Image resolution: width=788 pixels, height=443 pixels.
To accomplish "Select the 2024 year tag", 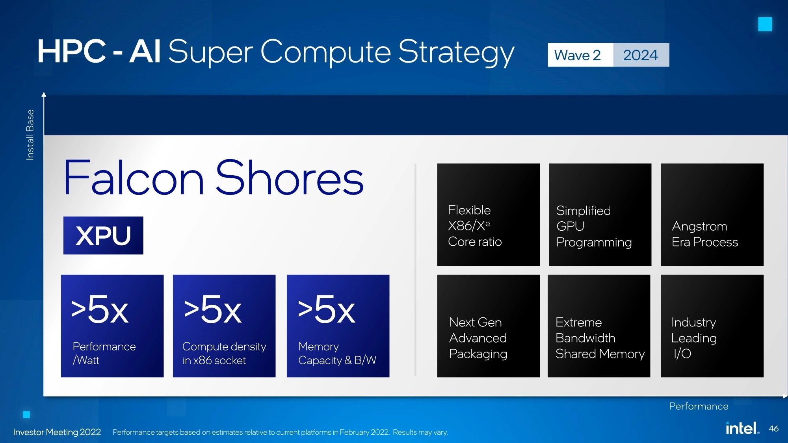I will [641, 55].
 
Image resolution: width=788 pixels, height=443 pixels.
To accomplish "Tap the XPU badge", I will [103, 235].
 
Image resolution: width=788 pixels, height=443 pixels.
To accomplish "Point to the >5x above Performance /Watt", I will [100, 310].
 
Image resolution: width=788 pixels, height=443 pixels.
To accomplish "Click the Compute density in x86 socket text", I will [224, 353].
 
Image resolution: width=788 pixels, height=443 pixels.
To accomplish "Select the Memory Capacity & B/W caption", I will [337, 353].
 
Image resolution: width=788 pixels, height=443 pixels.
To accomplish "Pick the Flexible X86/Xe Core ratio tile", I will [488, 215].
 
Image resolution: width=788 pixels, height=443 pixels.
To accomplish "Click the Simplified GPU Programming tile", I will [600, 215].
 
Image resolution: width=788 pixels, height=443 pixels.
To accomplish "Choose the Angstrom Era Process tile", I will [712, 215].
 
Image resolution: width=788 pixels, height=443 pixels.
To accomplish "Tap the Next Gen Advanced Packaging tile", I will [488, 326].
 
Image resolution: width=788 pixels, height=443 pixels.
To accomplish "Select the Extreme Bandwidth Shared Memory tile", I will [599, 326].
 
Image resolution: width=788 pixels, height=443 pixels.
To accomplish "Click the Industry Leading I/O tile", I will [712, 326].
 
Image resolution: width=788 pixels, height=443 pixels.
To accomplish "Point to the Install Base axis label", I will [30, 135].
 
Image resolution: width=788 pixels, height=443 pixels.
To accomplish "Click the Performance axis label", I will [699, 406].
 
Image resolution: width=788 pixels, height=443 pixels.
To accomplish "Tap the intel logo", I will [742, 428].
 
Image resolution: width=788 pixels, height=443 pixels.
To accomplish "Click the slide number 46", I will [773, 428].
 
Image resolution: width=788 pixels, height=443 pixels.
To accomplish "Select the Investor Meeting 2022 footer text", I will [57, 432].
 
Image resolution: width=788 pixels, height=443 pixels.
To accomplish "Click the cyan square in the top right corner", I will [765, 24].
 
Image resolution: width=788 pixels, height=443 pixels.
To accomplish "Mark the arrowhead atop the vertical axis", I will [44, 95].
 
